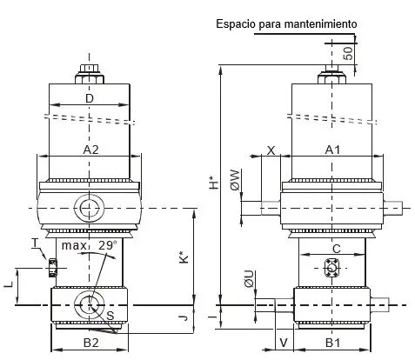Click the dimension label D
click(90, 98)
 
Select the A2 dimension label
click(91, 150)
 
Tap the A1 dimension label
click(332, 150)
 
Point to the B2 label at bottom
click(91, 343)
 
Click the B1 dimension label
click(332, 343)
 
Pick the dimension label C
click(337, 249)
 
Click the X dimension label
click(271, 150)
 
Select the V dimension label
click(284, 343)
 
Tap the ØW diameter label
click(236, 180)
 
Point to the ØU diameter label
click(249, 278)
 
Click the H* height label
click(214, 183)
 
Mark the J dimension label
click(184, 318)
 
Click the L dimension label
click(9, 284)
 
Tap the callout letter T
click(35, 243)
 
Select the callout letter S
click(110, 316)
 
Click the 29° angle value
click(108, 245)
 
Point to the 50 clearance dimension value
click(348, 53)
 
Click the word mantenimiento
click(320, 23)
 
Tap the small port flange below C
click(331, 268)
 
